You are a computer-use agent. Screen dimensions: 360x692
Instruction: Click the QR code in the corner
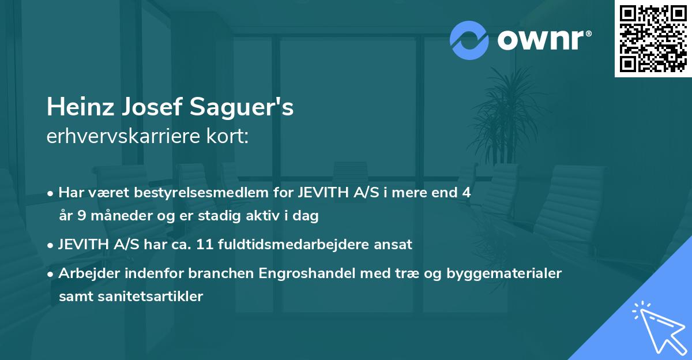click(x=653, y=39)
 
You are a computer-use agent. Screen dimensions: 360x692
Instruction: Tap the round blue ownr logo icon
click(x=469, y=40)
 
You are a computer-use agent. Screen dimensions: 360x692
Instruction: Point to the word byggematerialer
click(x=507, y=273)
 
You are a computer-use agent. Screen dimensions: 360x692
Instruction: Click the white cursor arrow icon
click(x=657, y=328)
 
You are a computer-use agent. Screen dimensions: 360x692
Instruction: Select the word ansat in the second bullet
click(x=395, y=244)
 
